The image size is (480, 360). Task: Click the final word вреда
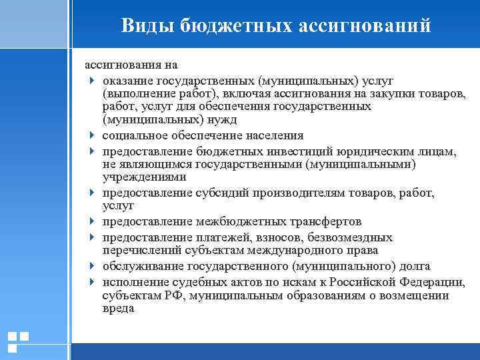coord(118,309)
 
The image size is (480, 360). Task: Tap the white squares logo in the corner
coord(18,341)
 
